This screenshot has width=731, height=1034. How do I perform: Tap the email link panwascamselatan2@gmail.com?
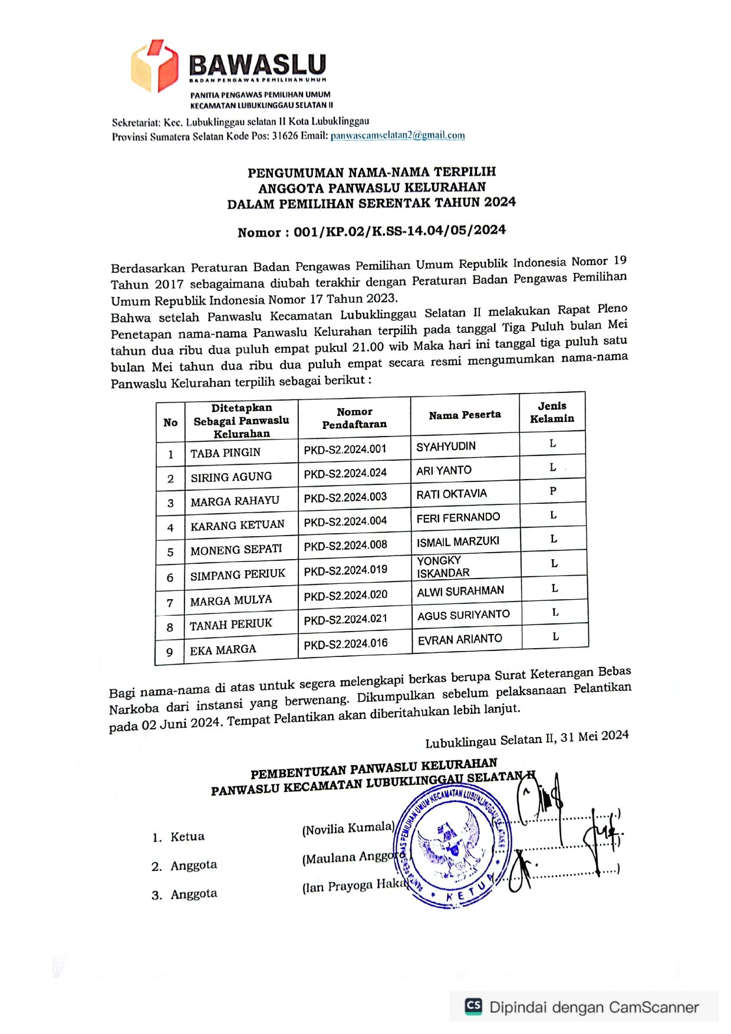pos(397,136)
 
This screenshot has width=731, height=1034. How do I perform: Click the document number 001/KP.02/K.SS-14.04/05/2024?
pos(400,230)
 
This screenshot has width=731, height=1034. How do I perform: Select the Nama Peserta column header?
pos(465,415)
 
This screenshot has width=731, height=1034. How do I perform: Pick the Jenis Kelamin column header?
pos(552,412)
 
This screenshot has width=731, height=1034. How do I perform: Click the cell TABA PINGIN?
pos(225,452)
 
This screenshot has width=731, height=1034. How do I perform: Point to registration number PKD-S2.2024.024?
pos(345,473)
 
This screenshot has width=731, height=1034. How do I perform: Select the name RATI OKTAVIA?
pos(452,494)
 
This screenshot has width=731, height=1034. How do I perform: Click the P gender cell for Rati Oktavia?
pos(553,491)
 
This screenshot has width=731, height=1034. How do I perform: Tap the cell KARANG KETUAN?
pos(237,525)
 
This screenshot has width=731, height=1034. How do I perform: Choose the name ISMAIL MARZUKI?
pos(457,541)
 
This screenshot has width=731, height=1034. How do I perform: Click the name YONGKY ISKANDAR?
pos(443,566)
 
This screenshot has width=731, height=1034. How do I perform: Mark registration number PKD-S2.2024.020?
pos(345,595)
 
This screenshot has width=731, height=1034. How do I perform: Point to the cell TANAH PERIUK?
pos(231,624)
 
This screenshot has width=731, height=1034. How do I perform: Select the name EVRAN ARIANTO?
pos(460,639)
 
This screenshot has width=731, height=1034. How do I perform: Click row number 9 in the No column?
pos(170,652)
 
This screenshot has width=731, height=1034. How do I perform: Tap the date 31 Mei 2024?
pos(594,736)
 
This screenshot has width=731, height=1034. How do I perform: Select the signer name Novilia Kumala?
pos(348,828)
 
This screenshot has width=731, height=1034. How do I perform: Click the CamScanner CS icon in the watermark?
pos(473,1006)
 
